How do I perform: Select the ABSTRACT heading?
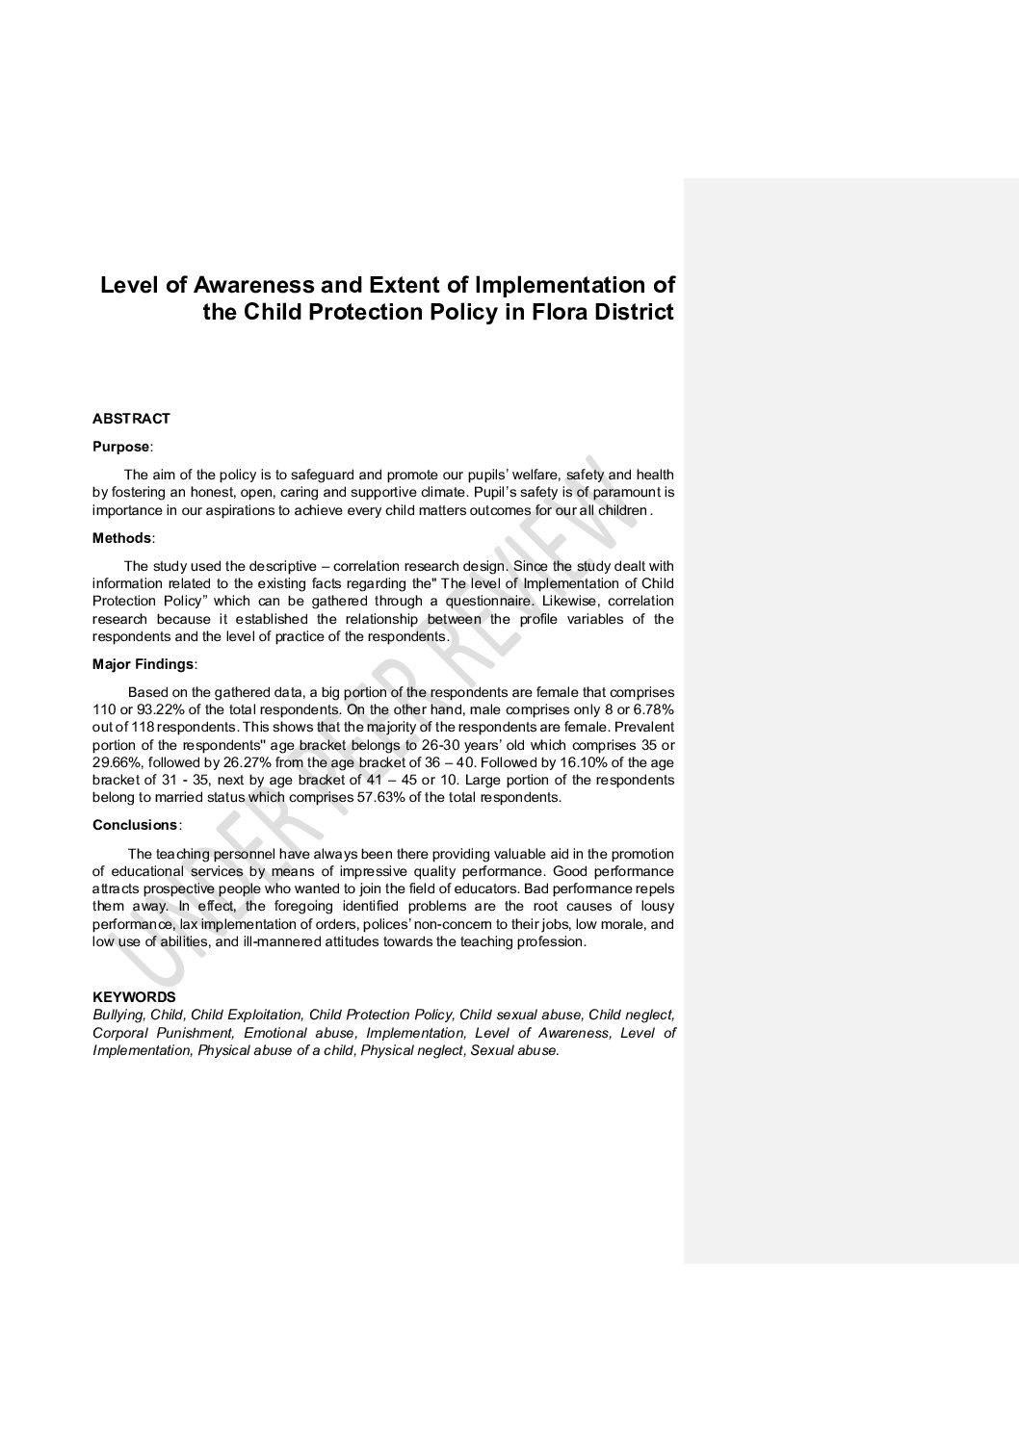pyautogui.click(x=131, y=419)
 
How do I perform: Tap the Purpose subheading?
pyautogui.click(x=121, y=447)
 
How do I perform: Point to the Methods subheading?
pyautogui.click(x=122, y=538)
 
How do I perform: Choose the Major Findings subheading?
pyautogui.click(x=144, y=664)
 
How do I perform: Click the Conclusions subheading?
pyautogui.click(x=135, y=825)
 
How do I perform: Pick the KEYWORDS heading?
pyautogui.click(x=134, y=997)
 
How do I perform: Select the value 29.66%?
pyautogui.click(x=118, y=762)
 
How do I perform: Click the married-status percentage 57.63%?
pyautogui.click(x=386, y=798)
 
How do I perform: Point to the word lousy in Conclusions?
pyautogui.click(x=655, y=906)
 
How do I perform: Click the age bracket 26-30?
pyautogui.click(x=446, y=745)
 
